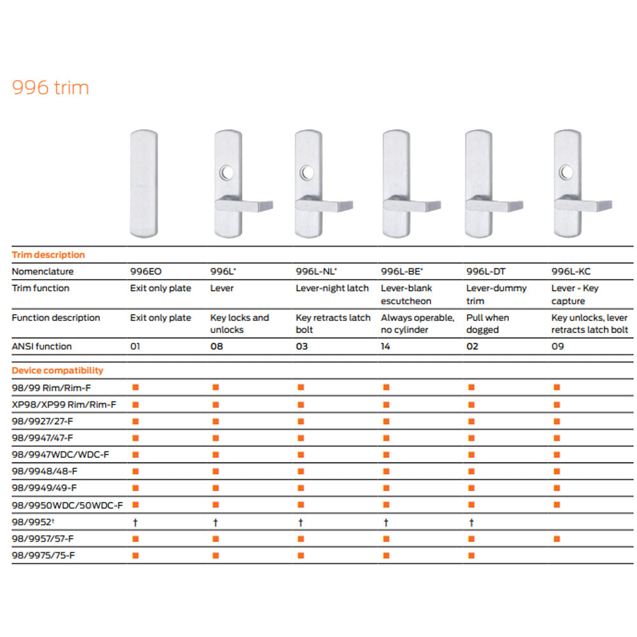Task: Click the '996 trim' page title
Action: (50, 87)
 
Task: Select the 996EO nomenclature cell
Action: (145, 271)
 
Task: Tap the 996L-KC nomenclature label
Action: (571, 271)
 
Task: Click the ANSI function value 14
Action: (385, 346)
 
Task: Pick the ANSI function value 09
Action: (557, 346)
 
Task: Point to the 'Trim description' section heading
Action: (48, 255)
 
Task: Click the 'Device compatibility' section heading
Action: (57, 371)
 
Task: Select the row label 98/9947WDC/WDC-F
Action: (61, 455)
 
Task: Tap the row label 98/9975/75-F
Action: (43, 555)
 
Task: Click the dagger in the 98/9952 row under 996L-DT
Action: (471, 522)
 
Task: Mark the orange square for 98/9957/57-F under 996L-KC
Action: (557, 539)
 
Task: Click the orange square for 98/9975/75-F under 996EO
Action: (136, 555)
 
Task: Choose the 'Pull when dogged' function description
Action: (487, 324)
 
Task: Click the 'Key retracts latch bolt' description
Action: (333, 324)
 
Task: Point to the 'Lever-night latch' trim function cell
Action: (332, 288)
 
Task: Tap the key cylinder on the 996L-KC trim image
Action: (566, 172)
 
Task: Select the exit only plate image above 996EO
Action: (144, 183)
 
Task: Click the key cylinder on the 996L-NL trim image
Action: (307, 173)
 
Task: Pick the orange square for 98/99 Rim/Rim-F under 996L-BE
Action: (386, 387)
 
